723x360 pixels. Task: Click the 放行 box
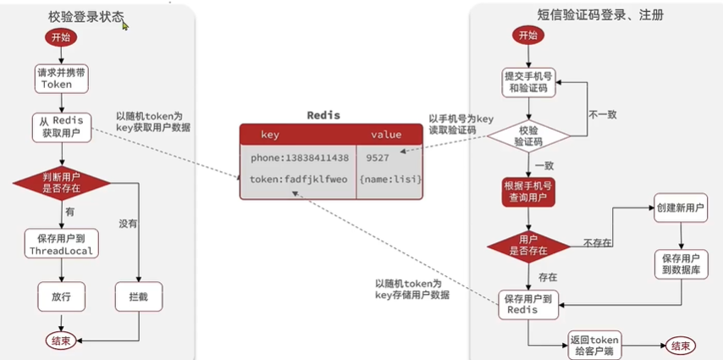[x=61, y=296]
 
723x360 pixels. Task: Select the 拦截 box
[x=139, y=296]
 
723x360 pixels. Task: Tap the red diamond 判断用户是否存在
[x=61, y=183]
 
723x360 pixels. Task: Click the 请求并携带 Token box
[x=61, y=79]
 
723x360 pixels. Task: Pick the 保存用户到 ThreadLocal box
[x=61, y=243]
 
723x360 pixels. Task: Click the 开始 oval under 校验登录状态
[x=60, y=38]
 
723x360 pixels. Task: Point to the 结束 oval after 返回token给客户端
[x=681, y=346]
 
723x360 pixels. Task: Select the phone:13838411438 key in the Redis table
[x=300, y=158]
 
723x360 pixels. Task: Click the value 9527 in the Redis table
[x=378, y=158]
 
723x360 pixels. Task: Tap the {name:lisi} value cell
[x=389, y=180]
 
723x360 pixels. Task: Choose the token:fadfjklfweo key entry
[x=298, y=180]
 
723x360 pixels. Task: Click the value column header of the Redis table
[x=386, y=135]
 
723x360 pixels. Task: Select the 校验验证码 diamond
[x=528, y=136]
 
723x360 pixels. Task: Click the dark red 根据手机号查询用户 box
[x=528, y=192]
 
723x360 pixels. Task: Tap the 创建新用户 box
[x=681, y=208]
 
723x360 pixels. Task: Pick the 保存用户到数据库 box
[x=681, y=264]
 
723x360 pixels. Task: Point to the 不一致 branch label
[x=603, y=114]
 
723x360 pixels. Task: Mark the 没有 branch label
[x=129, y=224]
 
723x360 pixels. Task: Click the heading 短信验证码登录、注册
[x=600, y=15]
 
